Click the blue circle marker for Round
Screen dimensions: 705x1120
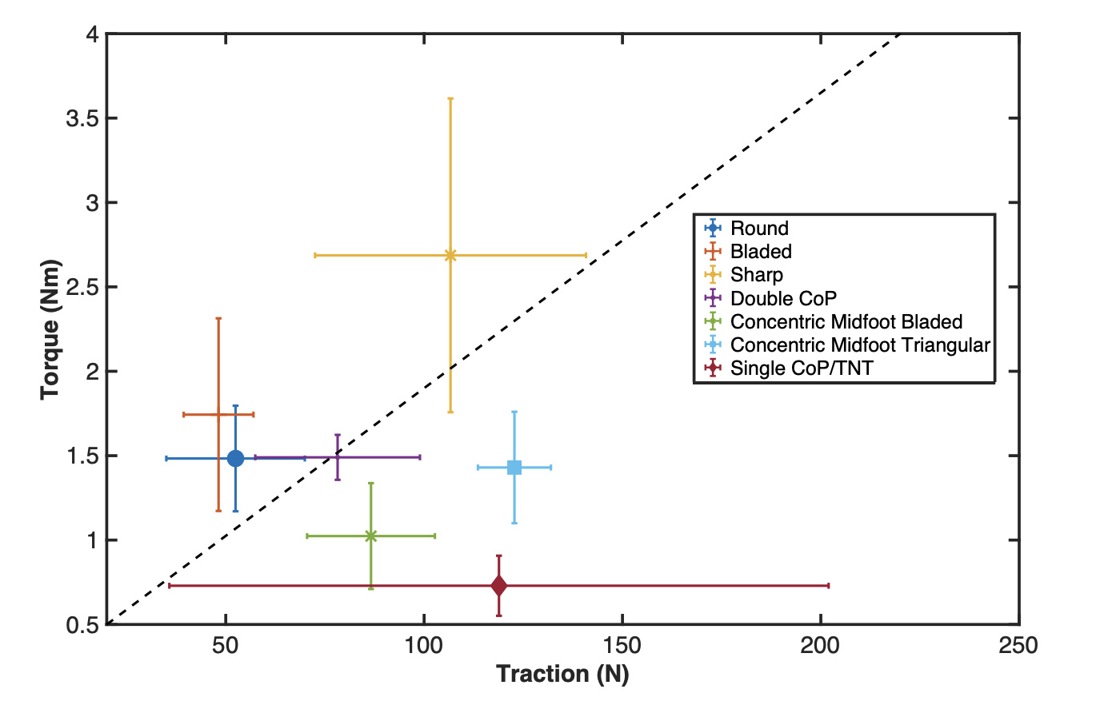235,458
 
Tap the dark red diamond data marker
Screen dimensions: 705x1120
498,586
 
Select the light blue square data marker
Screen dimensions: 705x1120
514,468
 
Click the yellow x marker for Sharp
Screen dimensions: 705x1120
450,255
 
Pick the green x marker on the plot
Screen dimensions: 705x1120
370,536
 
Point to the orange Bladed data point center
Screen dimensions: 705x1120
218,414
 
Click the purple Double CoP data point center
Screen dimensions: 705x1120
338,457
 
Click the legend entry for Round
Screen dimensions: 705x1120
759,229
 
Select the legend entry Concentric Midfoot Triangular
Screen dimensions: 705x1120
860,345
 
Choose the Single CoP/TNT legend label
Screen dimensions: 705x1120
802,368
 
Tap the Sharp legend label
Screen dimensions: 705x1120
756,275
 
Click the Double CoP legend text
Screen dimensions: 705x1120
783,299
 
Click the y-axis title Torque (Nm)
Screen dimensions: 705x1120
51,329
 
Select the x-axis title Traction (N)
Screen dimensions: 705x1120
562,674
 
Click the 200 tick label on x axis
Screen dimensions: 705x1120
821,645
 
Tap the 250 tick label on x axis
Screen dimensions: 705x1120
1018,645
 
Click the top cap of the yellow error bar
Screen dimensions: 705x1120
450,98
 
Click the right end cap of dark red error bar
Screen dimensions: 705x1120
828,586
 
